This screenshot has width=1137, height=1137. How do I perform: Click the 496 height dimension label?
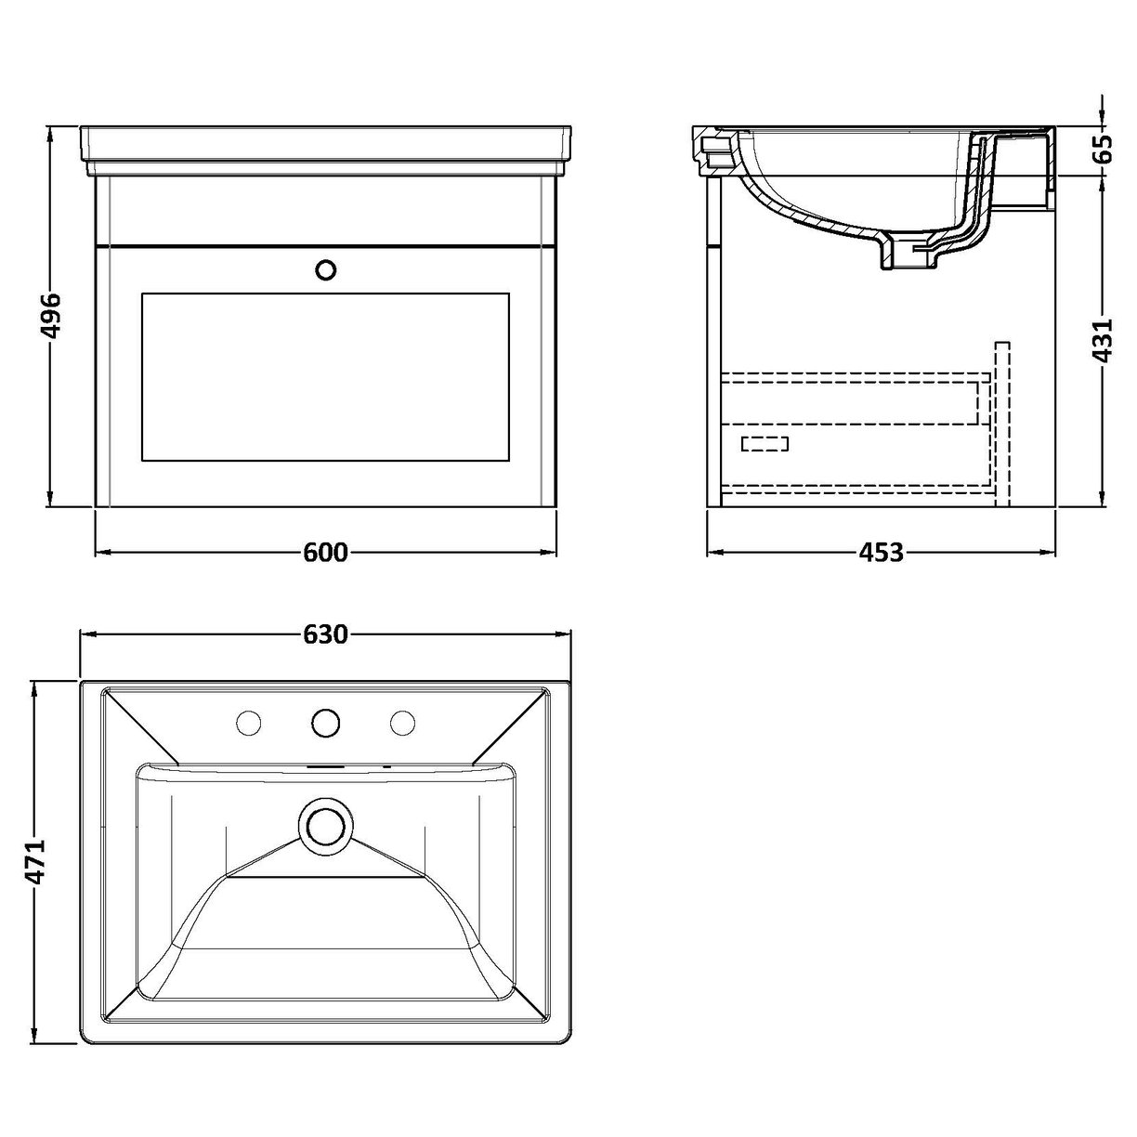pyautogui.click(x=52, y=316)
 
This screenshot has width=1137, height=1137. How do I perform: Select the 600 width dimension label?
pyautogui.click(x=325, y=553)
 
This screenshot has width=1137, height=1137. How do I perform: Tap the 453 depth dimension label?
pyautogui.click(x=881, y=553)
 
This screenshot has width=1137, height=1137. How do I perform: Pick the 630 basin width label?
pyautogui.click(x=325, y=634)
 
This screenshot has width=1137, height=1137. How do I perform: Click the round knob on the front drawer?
pyautogui.click(x=326, y=269)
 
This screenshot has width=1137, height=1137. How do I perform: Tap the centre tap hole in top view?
pyautogui.click(x=326, y=722)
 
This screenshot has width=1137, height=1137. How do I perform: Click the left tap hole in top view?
pyautogui.click(x=249, y=722)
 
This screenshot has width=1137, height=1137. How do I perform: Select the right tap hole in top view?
pyautogui.click(x=403, y=722)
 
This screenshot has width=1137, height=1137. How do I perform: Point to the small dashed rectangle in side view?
pyautogui.click(x=765, y=443)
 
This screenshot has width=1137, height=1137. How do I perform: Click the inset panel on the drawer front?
pyautogui.click(x=325, y=376)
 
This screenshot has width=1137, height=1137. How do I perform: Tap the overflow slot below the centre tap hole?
pyautogui.click(x=325, y=767)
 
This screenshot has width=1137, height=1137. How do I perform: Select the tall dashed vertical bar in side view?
pyautogui.click(x=1000, y=424)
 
